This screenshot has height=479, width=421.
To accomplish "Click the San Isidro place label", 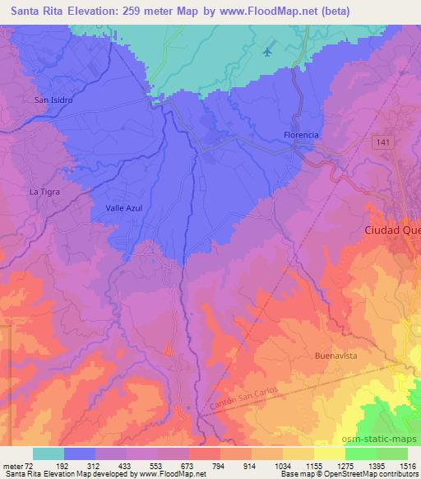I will pos(54,100).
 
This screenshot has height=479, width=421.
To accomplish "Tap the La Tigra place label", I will pos(45,192).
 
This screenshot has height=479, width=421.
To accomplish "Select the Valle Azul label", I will pos(124,208).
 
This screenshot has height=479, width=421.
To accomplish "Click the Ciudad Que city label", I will pos(391,231).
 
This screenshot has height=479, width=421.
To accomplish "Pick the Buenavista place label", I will pos(335,356).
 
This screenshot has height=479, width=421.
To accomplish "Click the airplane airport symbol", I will pos(266,52).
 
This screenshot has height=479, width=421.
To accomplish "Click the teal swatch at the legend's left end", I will pos(49,453).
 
